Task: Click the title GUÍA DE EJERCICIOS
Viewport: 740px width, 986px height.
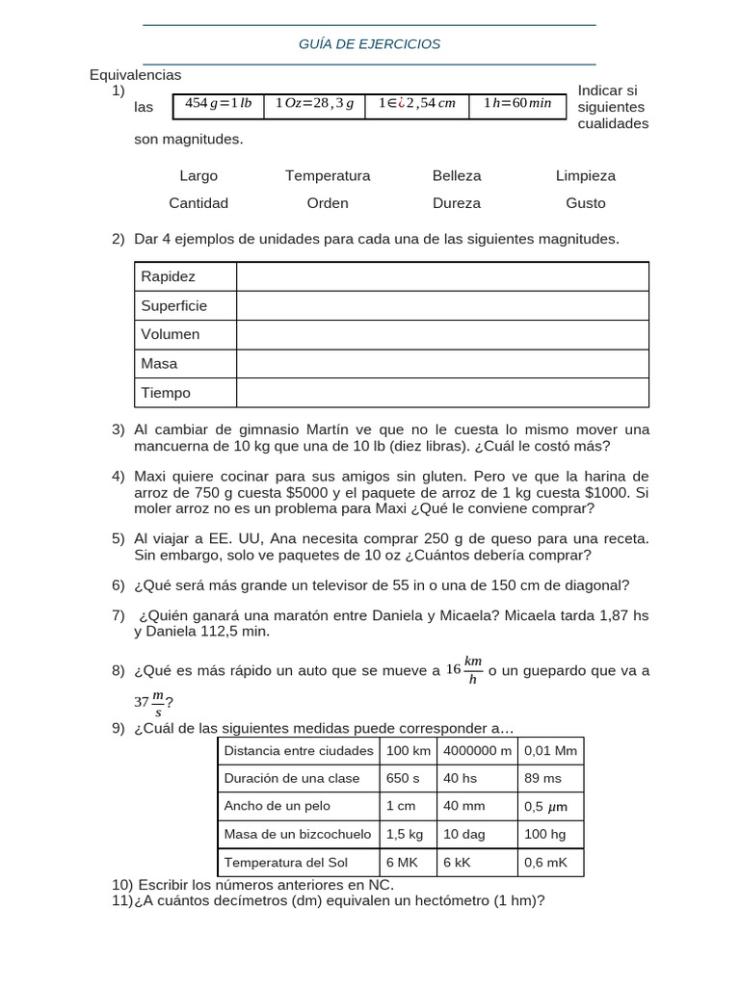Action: pos(370,44)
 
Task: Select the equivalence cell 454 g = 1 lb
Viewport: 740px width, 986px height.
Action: pos(219,104)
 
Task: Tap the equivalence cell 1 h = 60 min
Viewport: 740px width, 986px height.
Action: pos(517,104)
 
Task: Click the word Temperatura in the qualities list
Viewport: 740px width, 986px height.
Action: pos(328,176)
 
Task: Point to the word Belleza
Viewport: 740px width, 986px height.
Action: pos(457,176)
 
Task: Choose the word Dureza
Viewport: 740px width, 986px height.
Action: pos(457,203)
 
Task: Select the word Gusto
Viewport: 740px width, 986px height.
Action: pos(586,203)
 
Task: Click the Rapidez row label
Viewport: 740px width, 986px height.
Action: pos(169,276)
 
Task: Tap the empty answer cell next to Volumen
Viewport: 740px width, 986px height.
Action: pos(442,334)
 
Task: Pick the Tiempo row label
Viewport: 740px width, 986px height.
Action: pos(167,393)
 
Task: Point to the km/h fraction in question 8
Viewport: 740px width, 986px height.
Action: pos(472,670)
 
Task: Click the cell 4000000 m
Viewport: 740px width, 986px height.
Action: pos(477,750)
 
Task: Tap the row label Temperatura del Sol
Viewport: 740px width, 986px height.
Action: pos(285,863)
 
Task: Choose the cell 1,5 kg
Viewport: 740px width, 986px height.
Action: pos(405,834)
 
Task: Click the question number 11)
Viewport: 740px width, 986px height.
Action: pos(122,901)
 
